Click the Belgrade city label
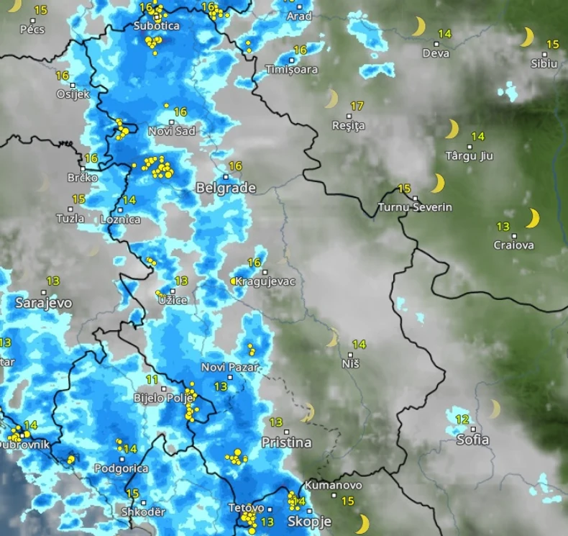[226, 188]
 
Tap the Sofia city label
[472, 440]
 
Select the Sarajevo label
[44, 304]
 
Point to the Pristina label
[286, 442]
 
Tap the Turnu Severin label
[416, 207]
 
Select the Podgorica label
[122, 468]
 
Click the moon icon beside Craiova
[533, 218]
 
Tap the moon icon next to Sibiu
[528, 37]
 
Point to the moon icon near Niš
[331, 337]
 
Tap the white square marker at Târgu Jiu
[469, 147]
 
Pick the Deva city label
[436, 53]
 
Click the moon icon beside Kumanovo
[362, 523]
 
